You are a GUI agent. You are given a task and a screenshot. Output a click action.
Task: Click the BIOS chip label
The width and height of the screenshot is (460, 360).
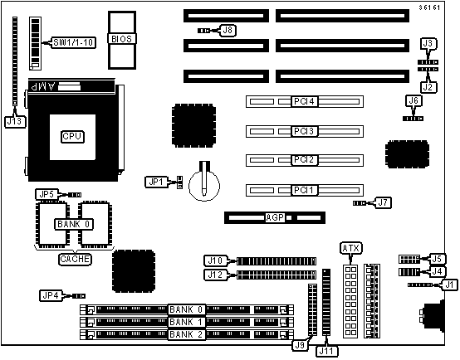click(122, 39)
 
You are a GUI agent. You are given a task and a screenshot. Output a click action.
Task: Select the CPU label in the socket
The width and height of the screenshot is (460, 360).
click(72, 137)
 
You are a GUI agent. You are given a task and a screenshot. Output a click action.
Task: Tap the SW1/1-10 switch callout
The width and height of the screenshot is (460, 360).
click(73, 43)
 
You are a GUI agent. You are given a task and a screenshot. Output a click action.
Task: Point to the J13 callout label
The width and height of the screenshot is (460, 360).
click(15, 122)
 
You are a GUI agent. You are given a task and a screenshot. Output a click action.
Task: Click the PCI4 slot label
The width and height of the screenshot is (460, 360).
click(304, 101)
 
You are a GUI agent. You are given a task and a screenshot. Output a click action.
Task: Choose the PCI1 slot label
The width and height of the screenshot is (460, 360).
click(304, 190)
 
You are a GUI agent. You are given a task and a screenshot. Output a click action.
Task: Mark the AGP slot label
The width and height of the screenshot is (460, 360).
click(275, 217)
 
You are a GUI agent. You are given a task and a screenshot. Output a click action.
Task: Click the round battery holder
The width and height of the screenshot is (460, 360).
click(204, 185)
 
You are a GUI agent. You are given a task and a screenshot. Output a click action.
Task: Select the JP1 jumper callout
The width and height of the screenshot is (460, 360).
click(156, 182)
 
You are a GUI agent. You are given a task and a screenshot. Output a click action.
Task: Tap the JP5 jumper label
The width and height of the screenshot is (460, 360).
click(47, 194)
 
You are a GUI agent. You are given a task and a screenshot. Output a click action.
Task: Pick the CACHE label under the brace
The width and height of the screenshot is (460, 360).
click(75, 259)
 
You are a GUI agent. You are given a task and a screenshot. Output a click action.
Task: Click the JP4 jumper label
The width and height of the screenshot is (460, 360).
click(51, 295)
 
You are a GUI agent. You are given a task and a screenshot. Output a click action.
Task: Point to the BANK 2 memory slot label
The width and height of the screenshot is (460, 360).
click(186, 334)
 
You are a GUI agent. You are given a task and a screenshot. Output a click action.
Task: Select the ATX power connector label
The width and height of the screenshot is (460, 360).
click(351, 248)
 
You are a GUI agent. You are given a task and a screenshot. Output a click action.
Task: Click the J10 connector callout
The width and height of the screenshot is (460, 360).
click(215, 260)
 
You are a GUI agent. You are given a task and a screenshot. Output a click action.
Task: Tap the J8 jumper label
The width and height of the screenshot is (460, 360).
click(228, 30)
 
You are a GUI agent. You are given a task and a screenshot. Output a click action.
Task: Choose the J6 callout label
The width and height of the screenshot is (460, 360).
click(414, 101)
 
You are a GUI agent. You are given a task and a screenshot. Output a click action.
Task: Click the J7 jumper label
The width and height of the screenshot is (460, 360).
click(383, 202)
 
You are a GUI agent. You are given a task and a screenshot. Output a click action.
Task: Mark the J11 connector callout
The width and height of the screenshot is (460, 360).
click(326, 351)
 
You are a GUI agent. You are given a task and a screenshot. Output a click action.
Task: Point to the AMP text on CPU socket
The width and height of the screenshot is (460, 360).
click(43, 86)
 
